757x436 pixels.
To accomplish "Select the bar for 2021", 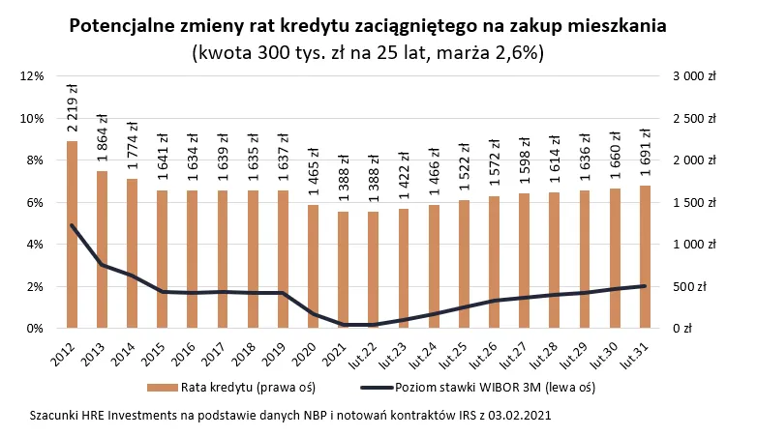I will (x=344, y=270).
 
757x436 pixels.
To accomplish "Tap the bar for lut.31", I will (x=646, y=257).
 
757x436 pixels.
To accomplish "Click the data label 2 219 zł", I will (x=73, y=108).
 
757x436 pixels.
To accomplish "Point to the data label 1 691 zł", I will (x=646, y=154).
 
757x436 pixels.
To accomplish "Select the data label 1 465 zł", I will (x=314, y=173).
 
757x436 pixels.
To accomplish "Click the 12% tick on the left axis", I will (x=32, y=76).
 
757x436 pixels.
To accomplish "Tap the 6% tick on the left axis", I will (x=35, y=203).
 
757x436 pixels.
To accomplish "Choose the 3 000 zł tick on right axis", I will (x=695, y=76).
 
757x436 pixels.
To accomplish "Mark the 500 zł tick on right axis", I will (x=702, y=287).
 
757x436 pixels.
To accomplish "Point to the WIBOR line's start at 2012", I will (x=73, y=225).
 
